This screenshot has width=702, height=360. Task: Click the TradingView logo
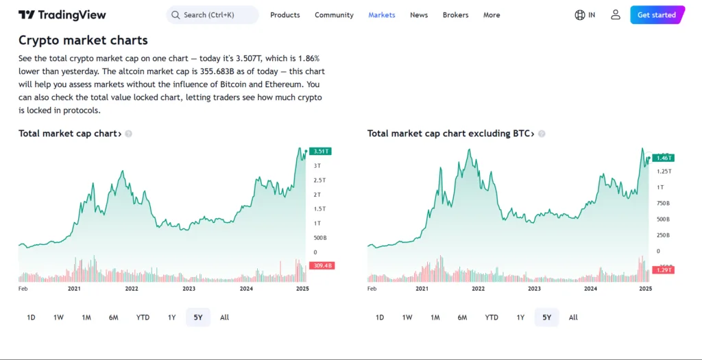click(x=62, y=15)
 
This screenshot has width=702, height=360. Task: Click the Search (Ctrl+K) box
click(x=213, y=15)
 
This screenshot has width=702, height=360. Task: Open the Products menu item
click(x=285, y=15)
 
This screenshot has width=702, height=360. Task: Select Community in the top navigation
click(x=334, y=15)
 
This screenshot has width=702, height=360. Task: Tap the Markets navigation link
click(x=381, y=15)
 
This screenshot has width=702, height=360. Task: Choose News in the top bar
click(x=419, y=15)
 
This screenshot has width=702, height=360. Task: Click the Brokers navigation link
click(x=456, y=15)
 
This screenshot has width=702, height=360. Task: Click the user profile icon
click(x=615, y=15)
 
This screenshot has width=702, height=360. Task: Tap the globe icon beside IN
click(x=580, y=15)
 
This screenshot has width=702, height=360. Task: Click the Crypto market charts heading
click(x=83, y=40)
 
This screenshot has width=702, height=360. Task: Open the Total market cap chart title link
click(x=70, y=134)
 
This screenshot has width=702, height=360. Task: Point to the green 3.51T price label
click(x=321, y=152)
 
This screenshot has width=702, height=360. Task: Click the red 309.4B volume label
click(x=321, y=265)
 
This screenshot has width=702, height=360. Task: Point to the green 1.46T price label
click(x=663, y=158)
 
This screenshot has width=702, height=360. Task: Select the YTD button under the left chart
click(x=143, y=317)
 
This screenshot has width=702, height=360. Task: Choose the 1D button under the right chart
click(x=380, y=317)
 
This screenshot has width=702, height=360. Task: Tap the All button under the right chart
click(x=573, y=317)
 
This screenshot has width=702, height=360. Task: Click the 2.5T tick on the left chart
click(x=320, y=180)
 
